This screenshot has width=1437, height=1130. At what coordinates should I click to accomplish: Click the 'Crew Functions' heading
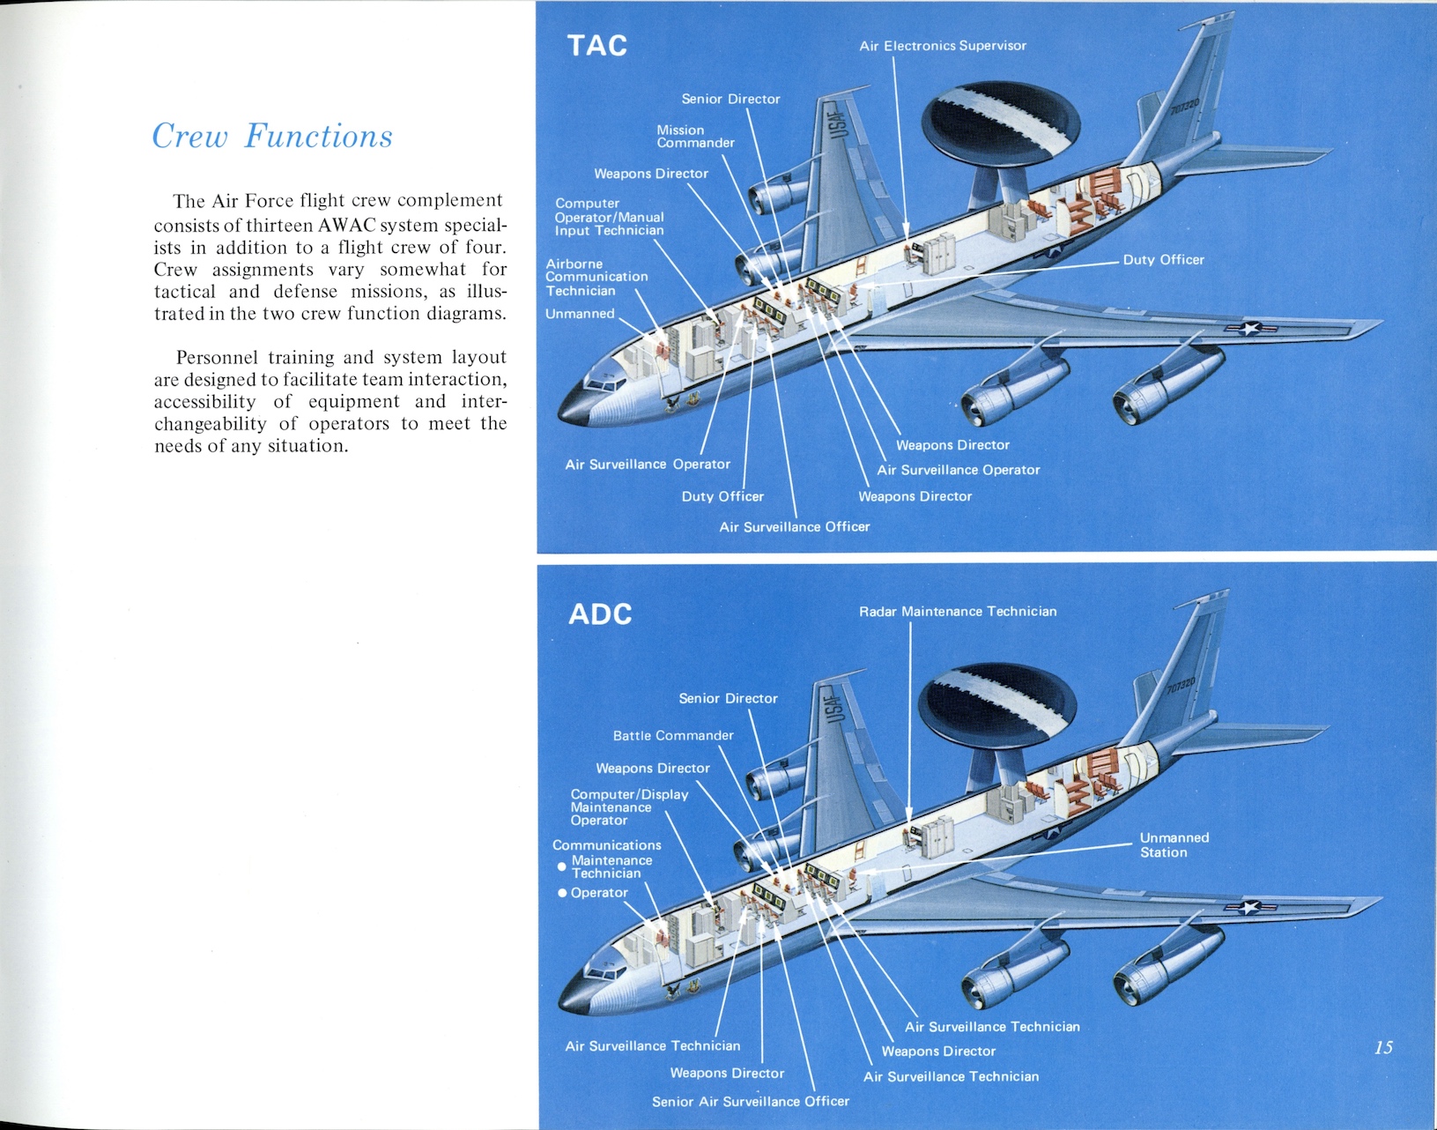point(272,137)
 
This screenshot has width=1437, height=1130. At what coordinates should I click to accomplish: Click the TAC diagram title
point(597,46)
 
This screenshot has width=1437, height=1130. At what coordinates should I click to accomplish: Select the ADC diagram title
point(600,613)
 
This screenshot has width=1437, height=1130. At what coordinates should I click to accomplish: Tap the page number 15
point(1383,1047)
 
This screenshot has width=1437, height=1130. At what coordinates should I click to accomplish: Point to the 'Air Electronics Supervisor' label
point(943,46)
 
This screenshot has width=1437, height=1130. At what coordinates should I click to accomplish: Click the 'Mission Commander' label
point(695,137)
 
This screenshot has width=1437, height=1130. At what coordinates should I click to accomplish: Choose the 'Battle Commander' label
point(673,735)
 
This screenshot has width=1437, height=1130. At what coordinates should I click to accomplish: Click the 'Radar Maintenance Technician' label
point(958,612)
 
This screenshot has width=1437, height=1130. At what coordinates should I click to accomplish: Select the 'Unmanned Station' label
point(1174,844)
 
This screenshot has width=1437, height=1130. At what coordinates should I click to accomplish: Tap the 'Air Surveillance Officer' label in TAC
point(794,527)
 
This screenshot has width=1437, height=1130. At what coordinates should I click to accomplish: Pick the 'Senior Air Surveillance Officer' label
point(750,1102)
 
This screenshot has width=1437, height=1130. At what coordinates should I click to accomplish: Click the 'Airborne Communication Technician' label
point(596,277)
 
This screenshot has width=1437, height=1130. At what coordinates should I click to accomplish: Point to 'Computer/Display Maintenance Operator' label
point(629,807)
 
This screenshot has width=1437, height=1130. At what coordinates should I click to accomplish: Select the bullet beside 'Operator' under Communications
point(562,894)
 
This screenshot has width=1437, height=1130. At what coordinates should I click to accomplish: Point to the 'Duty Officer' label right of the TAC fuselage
point(1163,260)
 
